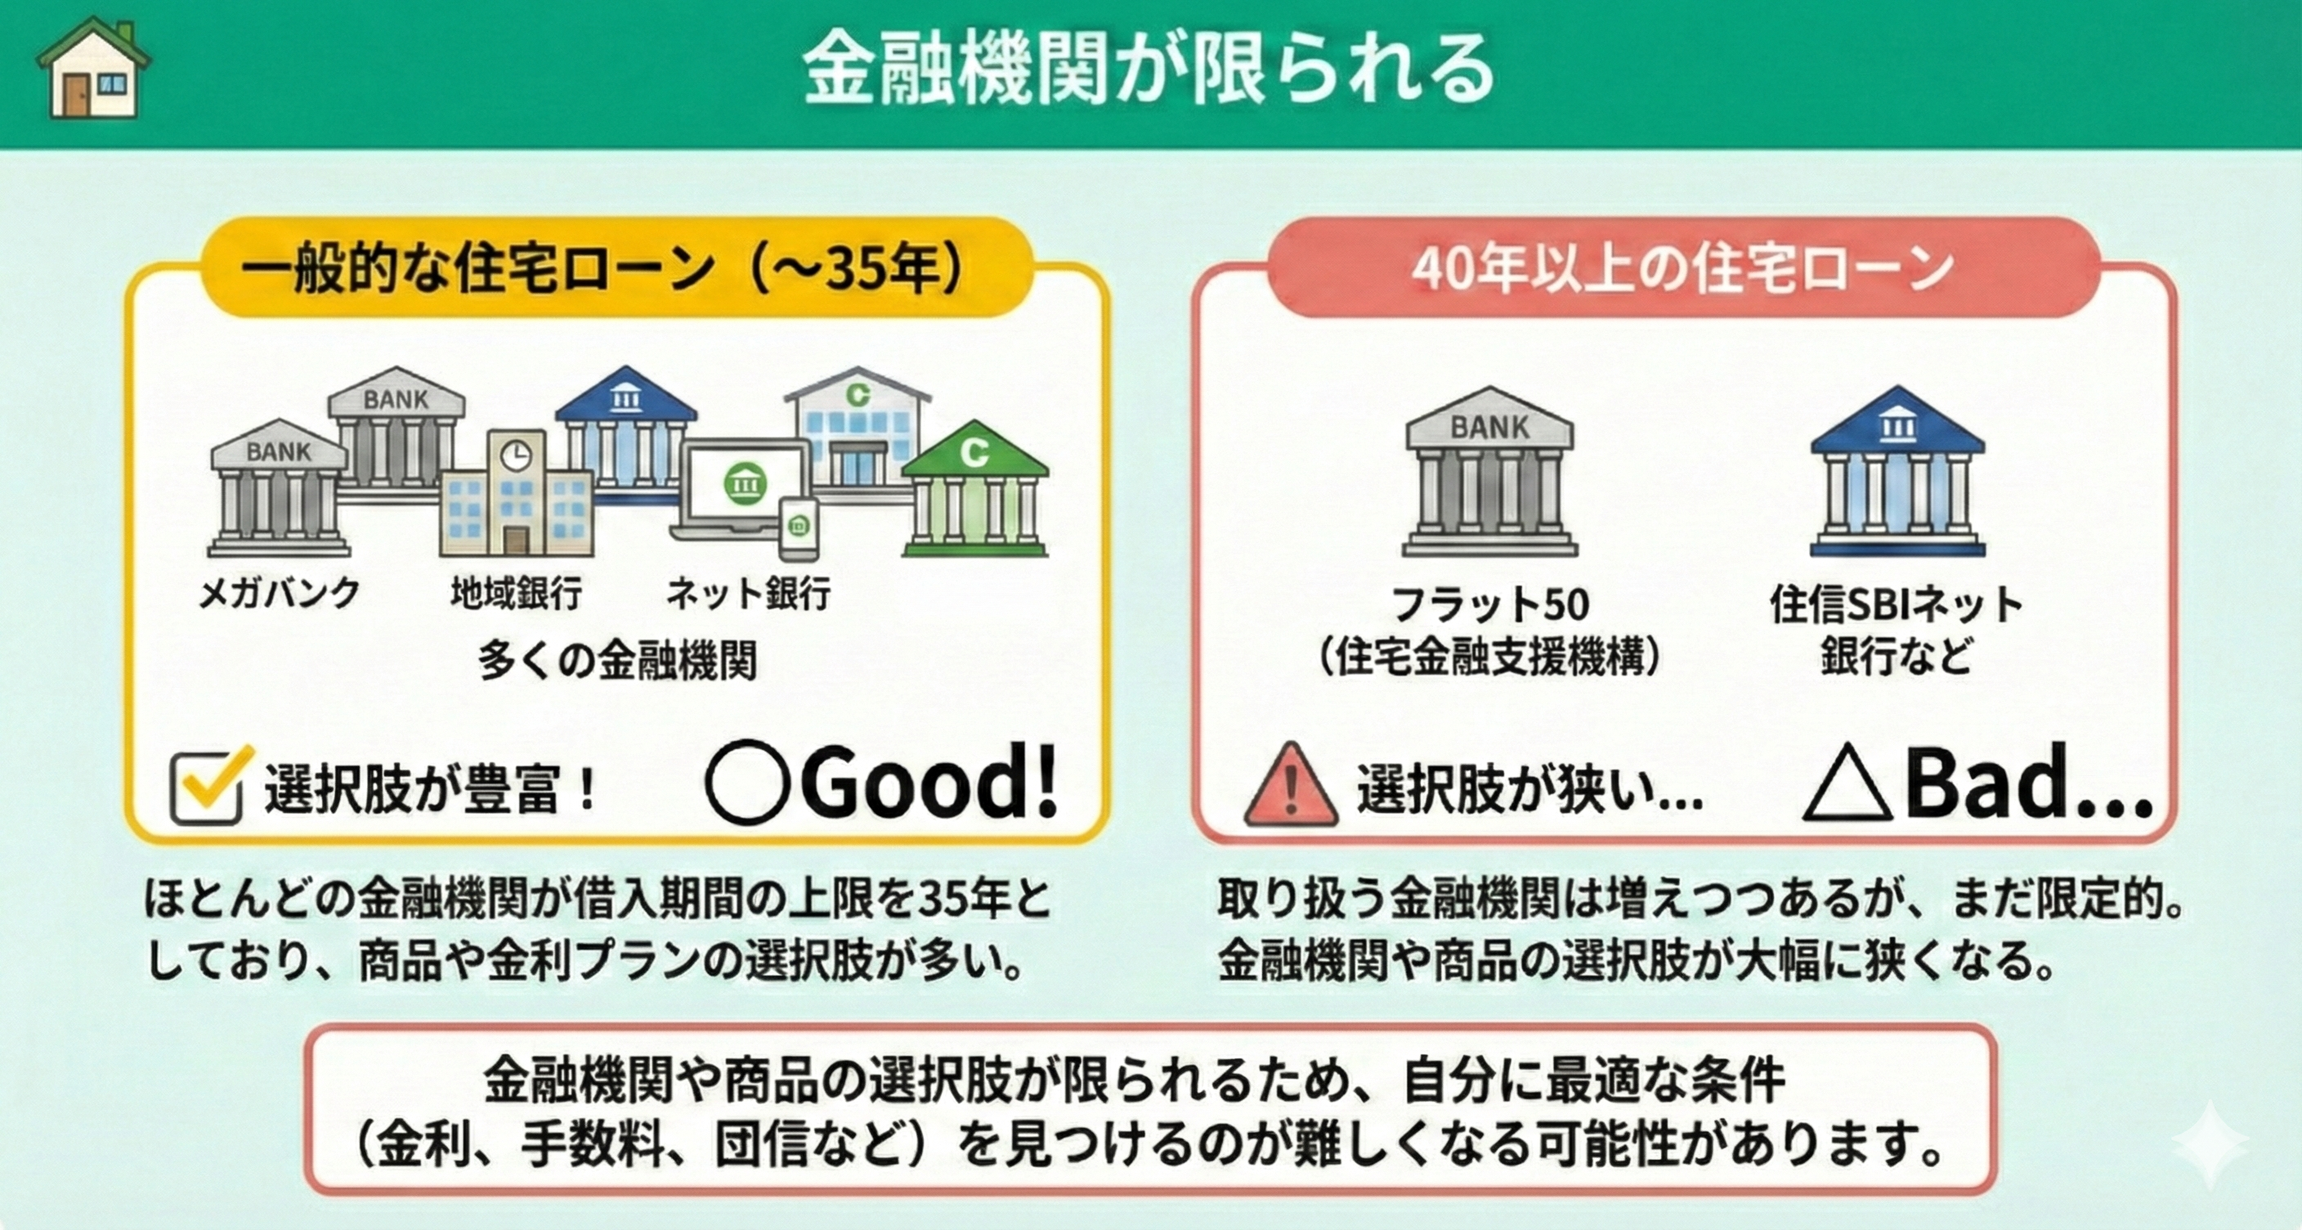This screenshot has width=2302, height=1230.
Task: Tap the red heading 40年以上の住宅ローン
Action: coord(1682,268)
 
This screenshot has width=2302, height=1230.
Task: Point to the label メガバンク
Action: coord(279,593)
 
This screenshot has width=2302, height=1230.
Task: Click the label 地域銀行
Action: coord(517,593)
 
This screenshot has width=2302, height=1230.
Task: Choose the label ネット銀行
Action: coord(749,593)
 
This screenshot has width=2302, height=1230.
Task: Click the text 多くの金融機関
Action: coord(617,661)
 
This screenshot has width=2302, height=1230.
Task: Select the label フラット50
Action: coord(1490,605)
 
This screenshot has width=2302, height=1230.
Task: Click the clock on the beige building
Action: coord(515,456)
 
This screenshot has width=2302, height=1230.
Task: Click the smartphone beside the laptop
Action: coord(799,529)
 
